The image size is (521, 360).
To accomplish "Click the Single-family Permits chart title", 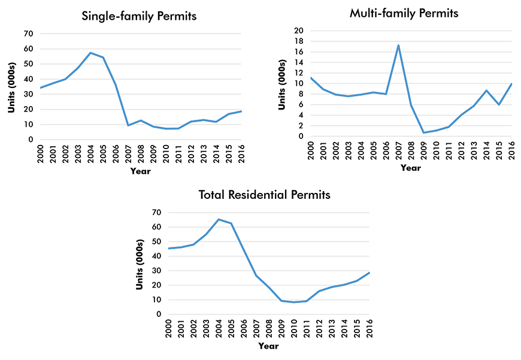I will (139, 17).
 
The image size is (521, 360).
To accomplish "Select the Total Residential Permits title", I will (264, 195).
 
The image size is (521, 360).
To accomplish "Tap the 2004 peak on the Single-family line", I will (90, 53).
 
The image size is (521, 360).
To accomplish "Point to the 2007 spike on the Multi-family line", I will (398, 45).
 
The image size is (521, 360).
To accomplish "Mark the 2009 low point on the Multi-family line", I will (424, 132).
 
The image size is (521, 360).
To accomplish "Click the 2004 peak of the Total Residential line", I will (218, 219).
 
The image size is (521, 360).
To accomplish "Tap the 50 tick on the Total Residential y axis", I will (156, 241).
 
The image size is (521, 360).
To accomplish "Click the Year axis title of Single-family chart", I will (141, 171).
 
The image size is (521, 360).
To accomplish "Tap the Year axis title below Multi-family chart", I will (411, 168).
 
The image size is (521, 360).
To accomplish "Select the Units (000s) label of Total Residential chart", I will (140, 263).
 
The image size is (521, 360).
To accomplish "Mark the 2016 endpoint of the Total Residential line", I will (369, 273).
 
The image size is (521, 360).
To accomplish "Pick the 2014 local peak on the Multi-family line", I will (487, 90).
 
